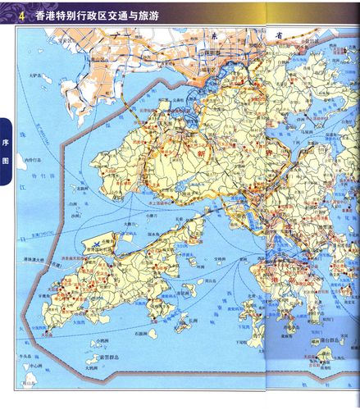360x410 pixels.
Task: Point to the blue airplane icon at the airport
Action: (x=98, y=244)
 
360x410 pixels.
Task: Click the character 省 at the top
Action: (x=280, y=34)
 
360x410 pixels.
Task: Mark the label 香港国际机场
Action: (x=98, y=257)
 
